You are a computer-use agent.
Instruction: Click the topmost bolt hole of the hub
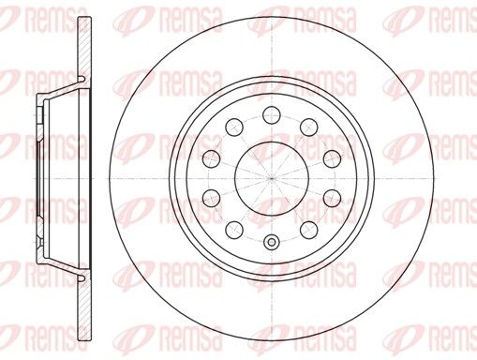pyautogui.click(x=272, y=114)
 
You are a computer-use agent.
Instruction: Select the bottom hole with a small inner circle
pyautogui.click(x=272, y=242)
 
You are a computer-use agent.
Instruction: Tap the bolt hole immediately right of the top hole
pyautogui.click(x=309, y=127)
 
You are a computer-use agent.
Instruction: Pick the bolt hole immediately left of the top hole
pyautogui.click(x=234, y=127)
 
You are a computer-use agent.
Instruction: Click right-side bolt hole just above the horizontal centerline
pyautogui.click(x=332, y=158)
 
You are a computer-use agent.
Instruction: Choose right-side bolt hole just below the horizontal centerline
pyautogui.click(x=332, y=198)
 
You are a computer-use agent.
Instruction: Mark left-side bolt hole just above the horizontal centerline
pyautogui.click(x=211, y=158)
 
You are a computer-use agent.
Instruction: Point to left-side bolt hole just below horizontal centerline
pyautogui.click(x=211, y=198)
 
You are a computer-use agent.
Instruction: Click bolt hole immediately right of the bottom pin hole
pyautogui.click(x=309, y=230)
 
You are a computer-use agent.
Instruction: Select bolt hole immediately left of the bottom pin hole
pyautogui.click(x=234, y=230)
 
